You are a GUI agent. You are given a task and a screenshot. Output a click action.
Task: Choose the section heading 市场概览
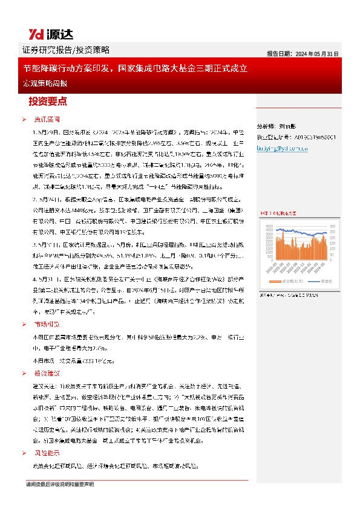45,324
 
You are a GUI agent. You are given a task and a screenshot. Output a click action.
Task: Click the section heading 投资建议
45,374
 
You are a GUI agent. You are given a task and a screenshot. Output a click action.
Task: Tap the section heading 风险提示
45,452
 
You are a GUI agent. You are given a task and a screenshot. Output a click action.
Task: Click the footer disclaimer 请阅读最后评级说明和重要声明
60,484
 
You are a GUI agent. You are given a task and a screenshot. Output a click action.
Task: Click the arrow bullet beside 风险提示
25,452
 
